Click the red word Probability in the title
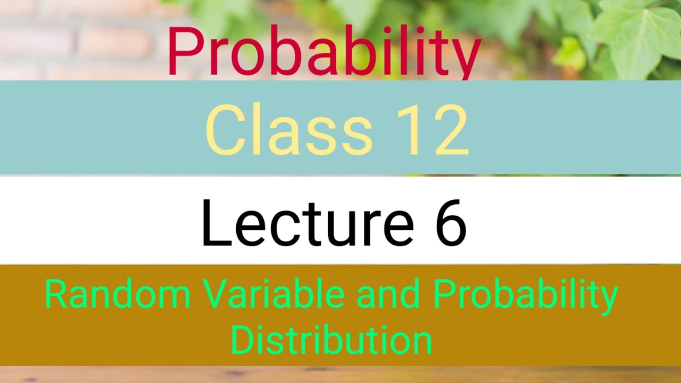coord(323,52)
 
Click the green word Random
coord(118,295)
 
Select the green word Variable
coord(272,295)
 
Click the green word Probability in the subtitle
coord(525,296)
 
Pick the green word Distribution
coord(331,340)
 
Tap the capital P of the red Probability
coord(184,52)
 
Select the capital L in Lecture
coord(215,222)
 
